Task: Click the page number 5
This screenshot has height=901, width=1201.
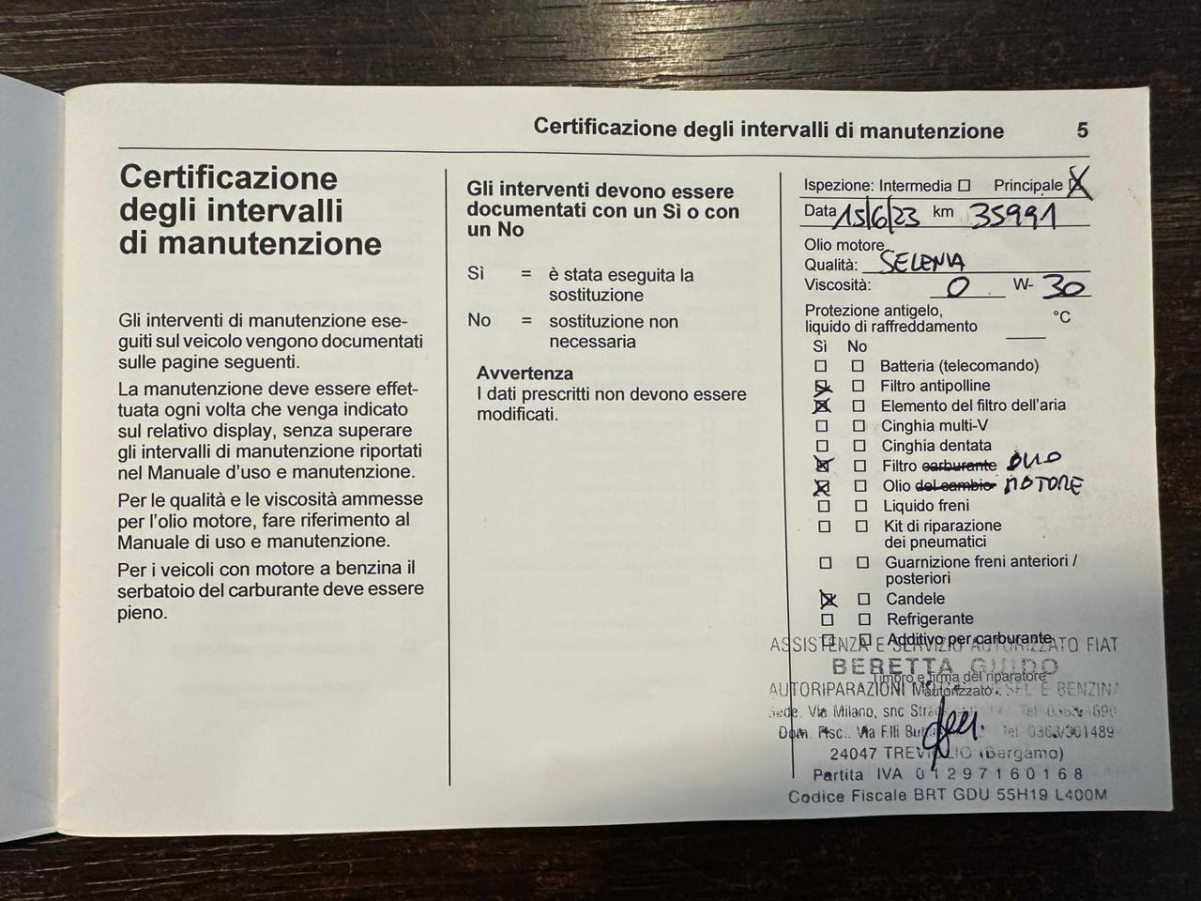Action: click(x=1082, y=130)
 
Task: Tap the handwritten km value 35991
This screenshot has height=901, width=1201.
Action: click(x=1013, y=217)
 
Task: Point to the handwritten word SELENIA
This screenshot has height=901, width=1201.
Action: click(x=923, y=262)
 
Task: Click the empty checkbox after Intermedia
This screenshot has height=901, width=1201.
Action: click(x=964, y=186)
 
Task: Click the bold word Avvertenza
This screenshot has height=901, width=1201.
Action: click(x=524, y=374)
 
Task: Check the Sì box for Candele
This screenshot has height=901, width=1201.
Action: click(x=828, y=599)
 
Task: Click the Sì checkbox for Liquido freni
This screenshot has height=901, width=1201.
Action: click(x=823, y=506)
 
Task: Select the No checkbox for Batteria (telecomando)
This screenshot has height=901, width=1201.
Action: click(x=858, y=366)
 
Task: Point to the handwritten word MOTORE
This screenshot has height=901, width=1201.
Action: click(x=1042, y=484)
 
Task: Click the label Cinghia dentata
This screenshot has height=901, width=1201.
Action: click(x=935, y=446)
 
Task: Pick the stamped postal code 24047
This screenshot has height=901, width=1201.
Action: click(x=853, y=753)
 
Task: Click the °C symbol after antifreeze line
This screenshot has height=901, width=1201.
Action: click(x=1061, y=317)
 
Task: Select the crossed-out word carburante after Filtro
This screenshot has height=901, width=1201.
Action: click(x=959, y=466)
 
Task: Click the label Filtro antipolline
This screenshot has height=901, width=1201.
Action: click(x=935, y=386)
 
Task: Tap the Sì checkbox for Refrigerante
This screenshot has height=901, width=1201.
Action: click(x=827, y=619)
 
